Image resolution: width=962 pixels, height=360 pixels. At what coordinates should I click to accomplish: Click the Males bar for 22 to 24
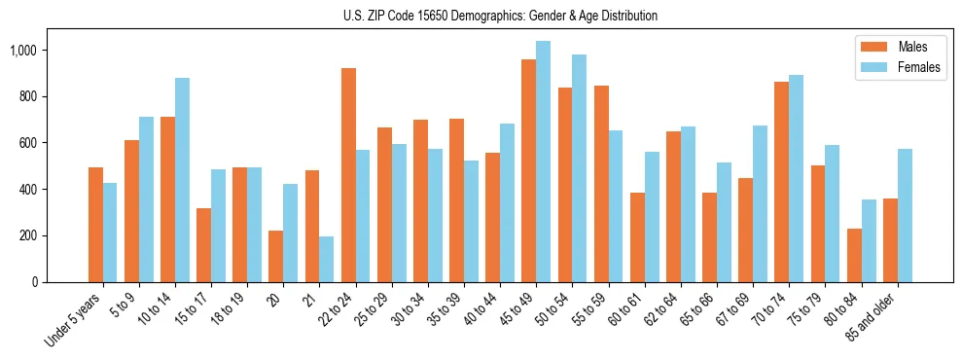pos(348,175)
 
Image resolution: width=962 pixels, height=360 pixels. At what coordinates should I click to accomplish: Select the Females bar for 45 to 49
pos(543,162)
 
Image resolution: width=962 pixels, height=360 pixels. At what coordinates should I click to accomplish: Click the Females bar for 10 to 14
pos(183,180)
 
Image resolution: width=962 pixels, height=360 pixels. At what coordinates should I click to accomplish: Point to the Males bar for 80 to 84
pos(854,255)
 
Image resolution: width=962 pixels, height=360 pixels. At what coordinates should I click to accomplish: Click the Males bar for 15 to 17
pos(203,245)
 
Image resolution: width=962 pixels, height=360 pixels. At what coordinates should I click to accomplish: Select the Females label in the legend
pos(919,67)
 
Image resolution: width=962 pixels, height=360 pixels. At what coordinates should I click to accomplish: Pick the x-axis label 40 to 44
pos(478,310)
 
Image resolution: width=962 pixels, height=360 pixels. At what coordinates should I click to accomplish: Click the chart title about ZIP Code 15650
pos(500,16)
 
